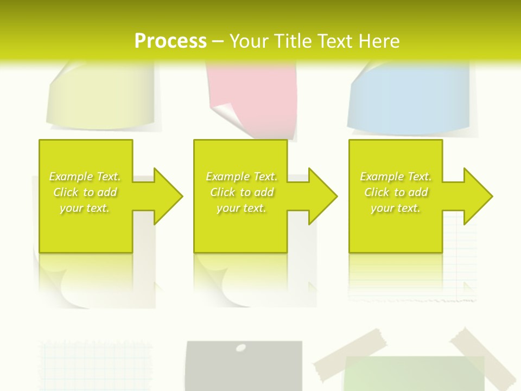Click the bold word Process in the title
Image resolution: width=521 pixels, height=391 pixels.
click(x=170, y=41)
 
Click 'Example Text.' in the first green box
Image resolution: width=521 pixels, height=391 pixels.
click(x=85, y=176)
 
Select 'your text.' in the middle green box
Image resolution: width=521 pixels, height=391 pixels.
click(x=241, y=208)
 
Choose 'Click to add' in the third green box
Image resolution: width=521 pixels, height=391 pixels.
click(x=396, y=192)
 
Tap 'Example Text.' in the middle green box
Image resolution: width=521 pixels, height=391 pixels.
click(x=241, y=176)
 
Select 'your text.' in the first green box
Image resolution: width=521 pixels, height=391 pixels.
click(x=85, y=208)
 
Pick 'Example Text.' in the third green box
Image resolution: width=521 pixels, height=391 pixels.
click(x=396, y=176)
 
